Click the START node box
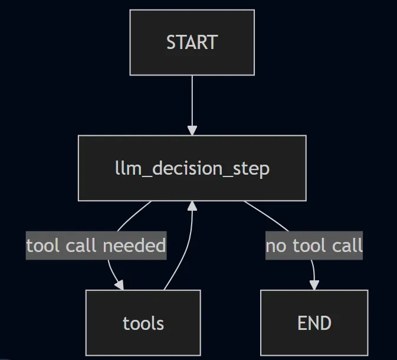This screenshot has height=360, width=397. [x=192, y=42]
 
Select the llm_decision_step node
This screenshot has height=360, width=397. [x=192, y=168]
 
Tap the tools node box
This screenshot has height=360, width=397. [x=143, y=323]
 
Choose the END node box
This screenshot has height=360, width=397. [x=314, y=323]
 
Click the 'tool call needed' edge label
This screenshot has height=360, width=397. [x=96, y=246]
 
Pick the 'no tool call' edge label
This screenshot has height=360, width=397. [x=314, y=246]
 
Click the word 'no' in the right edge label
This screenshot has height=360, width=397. [x=275, y=246]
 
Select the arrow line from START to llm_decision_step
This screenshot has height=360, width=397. [x=192, y=100]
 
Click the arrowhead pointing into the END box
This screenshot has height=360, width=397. [x=314, y=284]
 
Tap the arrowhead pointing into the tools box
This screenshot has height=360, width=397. [x=119, y=285]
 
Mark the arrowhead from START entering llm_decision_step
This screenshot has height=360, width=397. [x=192, y=130]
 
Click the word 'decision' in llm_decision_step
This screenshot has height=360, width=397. [x=192, y=168]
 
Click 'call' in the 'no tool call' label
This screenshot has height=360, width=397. [x=347, y=246]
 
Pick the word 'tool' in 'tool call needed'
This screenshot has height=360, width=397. [x=43, y=246]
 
